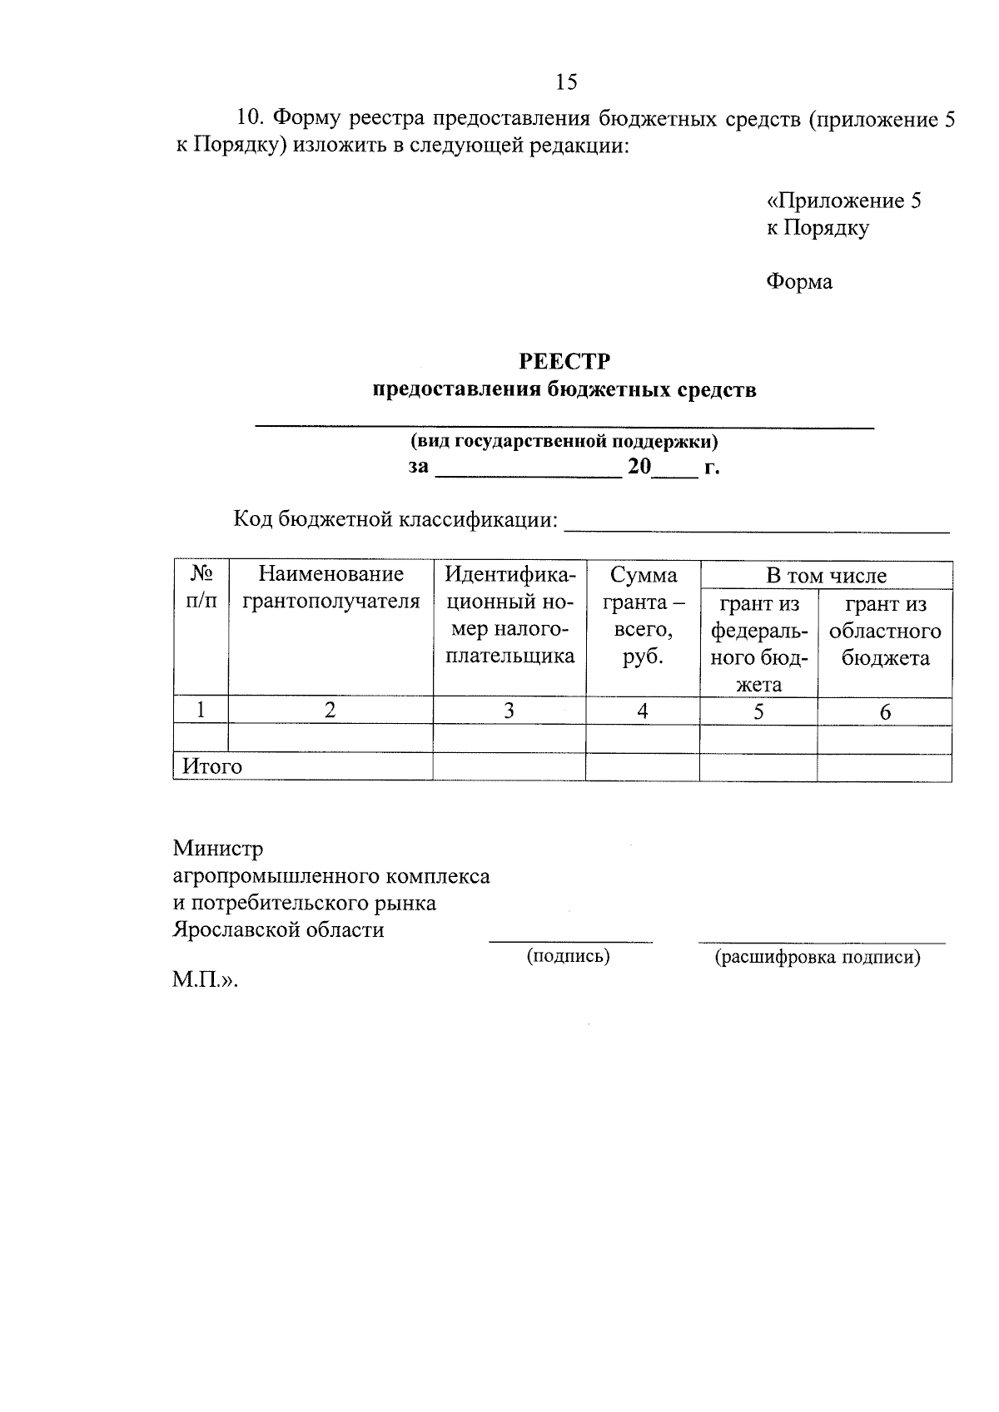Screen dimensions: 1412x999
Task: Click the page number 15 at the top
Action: coord(566,82)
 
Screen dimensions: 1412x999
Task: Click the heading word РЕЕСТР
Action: coord(564,362)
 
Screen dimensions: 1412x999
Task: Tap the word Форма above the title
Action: coord(798,282)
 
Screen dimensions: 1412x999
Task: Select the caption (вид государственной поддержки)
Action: coord(564,441)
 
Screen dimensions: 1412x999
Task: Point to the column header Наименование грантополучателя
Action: coord(331,587)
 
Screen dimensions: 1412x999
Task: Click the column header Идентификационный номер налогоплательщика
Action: coord(509,615)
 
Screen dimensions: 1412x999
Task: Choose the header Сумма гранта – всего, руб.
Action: coord(643,615)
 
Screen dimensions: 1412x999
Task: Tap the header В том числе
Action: coord(826,575)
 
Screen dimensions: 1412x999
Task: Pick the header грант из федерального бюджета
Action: coord(758,644)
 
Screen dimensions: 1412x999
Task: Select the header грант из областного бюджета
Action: coord(885,631)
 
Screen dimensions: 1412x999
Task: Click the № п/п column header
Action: coord(201,587)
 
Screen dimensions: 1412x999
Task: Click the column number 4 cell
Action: coord(643,711)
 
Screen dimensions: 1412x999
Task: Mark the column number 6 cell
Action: coord(885,712)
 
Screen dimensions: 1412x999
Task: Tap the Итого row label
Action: coord(212,766)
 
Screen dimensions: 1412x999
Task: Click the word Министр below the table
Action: coord(218,849)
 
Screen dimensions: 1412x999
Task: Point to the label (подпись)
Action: coord(569,957)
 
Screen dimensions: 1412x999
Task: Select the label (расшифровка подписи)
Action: coord(818,958)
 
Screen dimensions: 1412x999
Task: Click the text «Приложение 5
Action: coord(843,201)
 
